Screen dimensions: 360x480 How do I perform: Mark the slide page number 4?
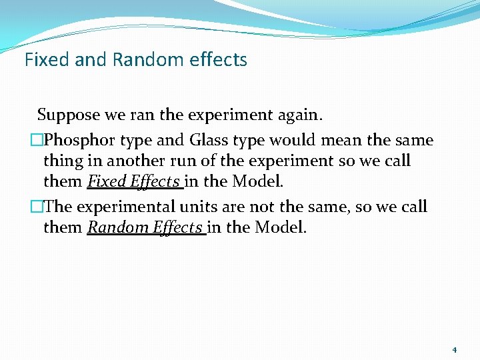(x=454, y=349)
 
